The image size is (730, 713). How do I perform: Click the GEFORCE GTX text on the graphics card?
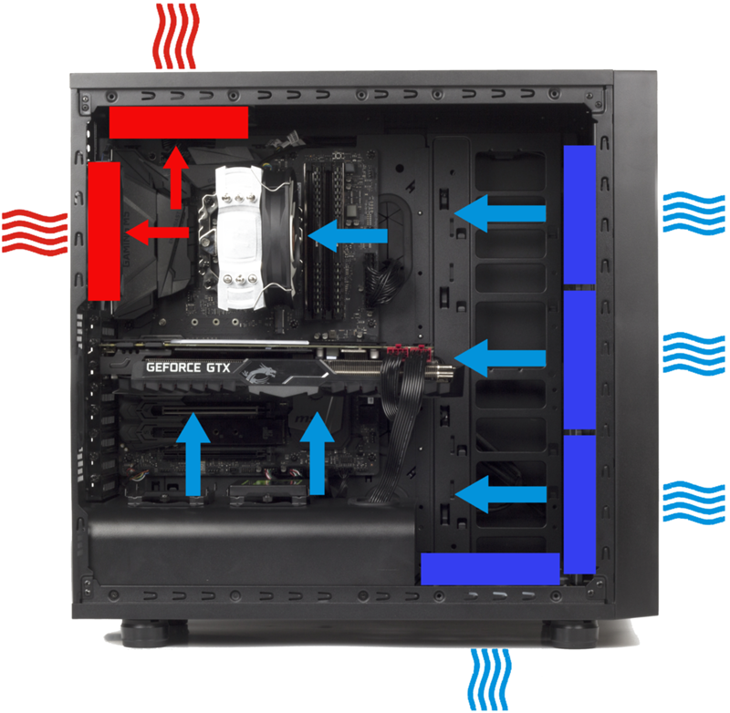click(x=188, y=367)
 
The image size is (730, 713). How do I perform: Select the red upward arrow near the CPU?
click(x=175, y=177)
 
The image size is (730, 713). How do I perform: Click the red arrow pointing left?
click(x=157, y=232)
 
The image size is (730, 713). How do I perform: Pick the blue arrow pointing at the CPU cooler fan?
click(x=348, y=235)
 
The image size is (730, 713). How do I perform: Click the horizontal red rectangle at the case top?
click(x=179, y=122)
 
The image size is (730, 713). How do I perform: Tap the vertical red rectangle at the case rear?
click(x=104, y=232)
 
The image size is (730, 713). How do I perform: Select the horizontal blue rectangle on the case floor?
click(x=490, y=569)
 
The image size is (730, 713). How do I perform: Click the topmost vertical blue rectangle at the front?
click(x=579, y=214)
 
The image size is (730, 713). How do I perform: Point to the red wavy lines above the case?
click(x=176, y=36)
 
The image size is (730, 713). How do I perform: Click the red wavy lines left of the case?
click(x=35, y=232)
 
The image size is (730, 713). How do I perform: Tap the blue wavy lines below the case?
click(x=490, y=679)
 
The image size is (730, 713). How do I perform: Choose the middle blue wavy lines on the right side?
click(x=693, y=353)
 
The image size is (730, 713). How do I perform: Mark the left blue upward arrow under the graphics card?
click(x=193, y=454)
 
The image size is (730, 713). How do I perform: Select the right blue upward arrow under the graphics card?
click(x=317, y=453)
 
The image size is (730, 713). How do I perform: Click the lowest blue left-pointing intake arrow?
click(x=500, y=494)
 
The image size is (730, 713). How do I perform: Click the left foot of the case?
click(x=145, y=633)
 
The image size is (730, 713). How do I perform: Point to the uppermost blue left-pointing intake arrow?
click(x=499, y=213)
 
